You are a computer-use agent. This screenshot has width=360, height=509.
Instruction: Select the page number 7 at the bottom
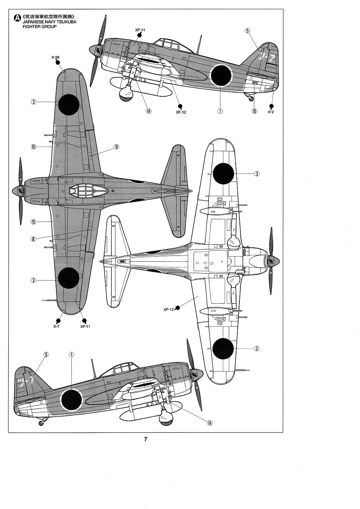click(145, 439)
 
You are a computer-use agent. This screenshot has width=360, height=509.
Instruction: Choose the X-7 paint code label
click(56, 326)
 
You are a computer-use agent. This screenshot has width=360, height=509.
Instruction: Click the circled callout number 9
click(116, 147)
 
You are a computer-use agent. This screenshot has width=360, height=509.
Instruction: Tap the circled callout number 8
click(33, 238)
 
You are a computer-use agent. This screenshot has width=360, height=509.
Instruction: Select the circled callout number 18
click(254, 111)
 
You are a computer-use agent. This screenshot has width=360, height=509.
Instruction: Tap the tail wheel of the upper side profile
click(252, 99)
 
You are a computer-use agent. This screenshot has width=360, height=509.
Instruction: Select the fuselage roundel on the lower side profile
click(71, 400)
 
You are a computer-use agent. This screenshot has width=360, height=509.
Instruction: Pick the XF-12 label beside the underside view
click(169, 309)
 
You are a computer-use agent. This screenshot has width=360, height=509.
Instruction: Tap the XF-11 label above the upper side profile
click(140, 30)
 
